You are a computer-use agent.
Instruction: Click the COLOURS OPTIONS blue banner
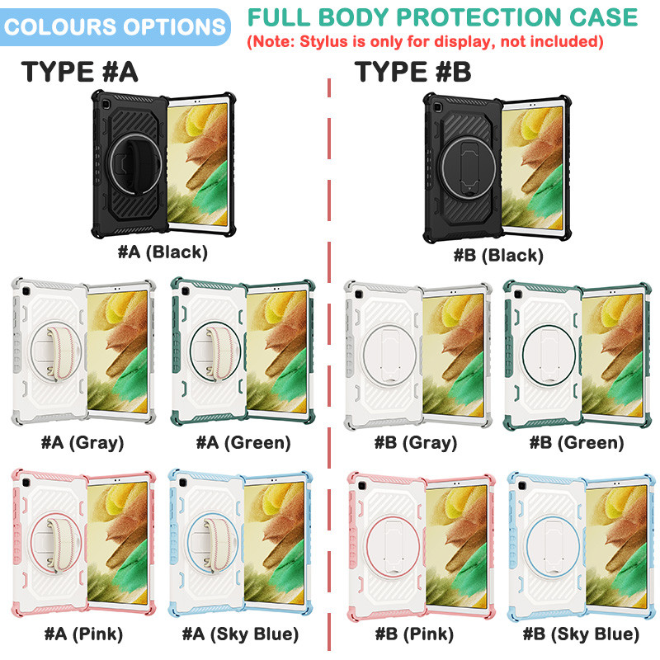[x=115, y=27]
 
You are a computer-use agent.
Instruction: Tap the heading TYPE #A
[x=79, y=72]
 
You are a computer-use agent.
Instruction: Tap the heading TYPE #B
[x=412, y=72]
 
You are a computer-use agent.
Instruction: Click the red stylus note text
[x=425, y=42]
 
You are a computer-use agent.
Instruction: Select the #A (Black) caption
[x=163, y=252]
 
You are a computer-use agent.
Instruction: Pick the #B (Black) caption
[x=498, y=255]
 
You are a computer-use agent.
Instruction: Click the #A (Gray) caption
[x=82, y=442]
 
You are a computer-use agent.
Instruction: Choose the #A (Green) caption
[x=243, y=442]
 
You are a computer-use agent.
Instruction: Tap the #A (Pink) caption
[x=84, y=634]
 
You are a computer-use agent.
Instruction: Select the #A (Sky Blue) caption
[x=240, y=634]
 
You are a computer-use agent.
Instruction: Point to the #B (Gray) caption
[x=416, y=442]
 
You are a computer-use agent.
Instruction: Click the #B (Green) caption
[x=577, y=442]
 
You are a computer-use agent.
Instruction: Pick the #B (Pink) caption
[x=415, y=634]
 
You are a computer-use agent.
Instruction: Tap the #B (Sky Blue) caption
[x=581, y=634]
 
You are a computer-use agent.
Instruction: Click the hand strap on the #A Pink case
[x=61, y=545]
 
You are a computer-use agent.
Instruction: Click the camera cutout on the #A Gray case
[x=26, y=292]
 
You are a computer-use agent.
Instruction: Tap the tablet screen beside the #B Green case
[x=612, y=356]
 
